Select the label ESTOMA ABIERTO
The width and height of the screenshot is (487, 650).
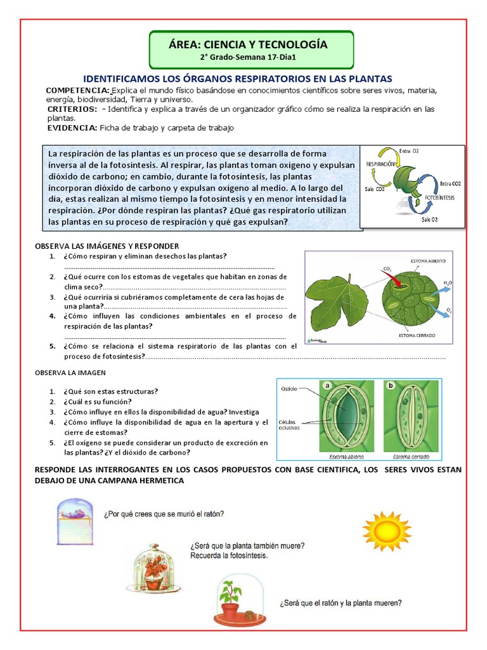point(428,262)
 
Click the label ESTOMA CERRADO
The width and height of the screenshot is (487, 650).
point(417,335)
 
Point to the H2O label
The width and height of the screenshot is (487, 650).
point(448,282)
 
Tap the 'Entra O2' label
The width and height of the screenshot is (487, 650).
point(409,151)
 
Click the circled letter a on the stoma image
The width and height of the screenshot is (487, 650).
point(328,385)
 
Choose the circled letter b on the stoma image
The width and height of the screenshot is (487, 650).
point(391,385)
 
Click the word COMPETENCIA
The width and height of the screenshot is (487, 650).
point(77,91)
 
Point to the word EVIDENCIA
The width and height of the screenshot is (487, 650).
point(72,128)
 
